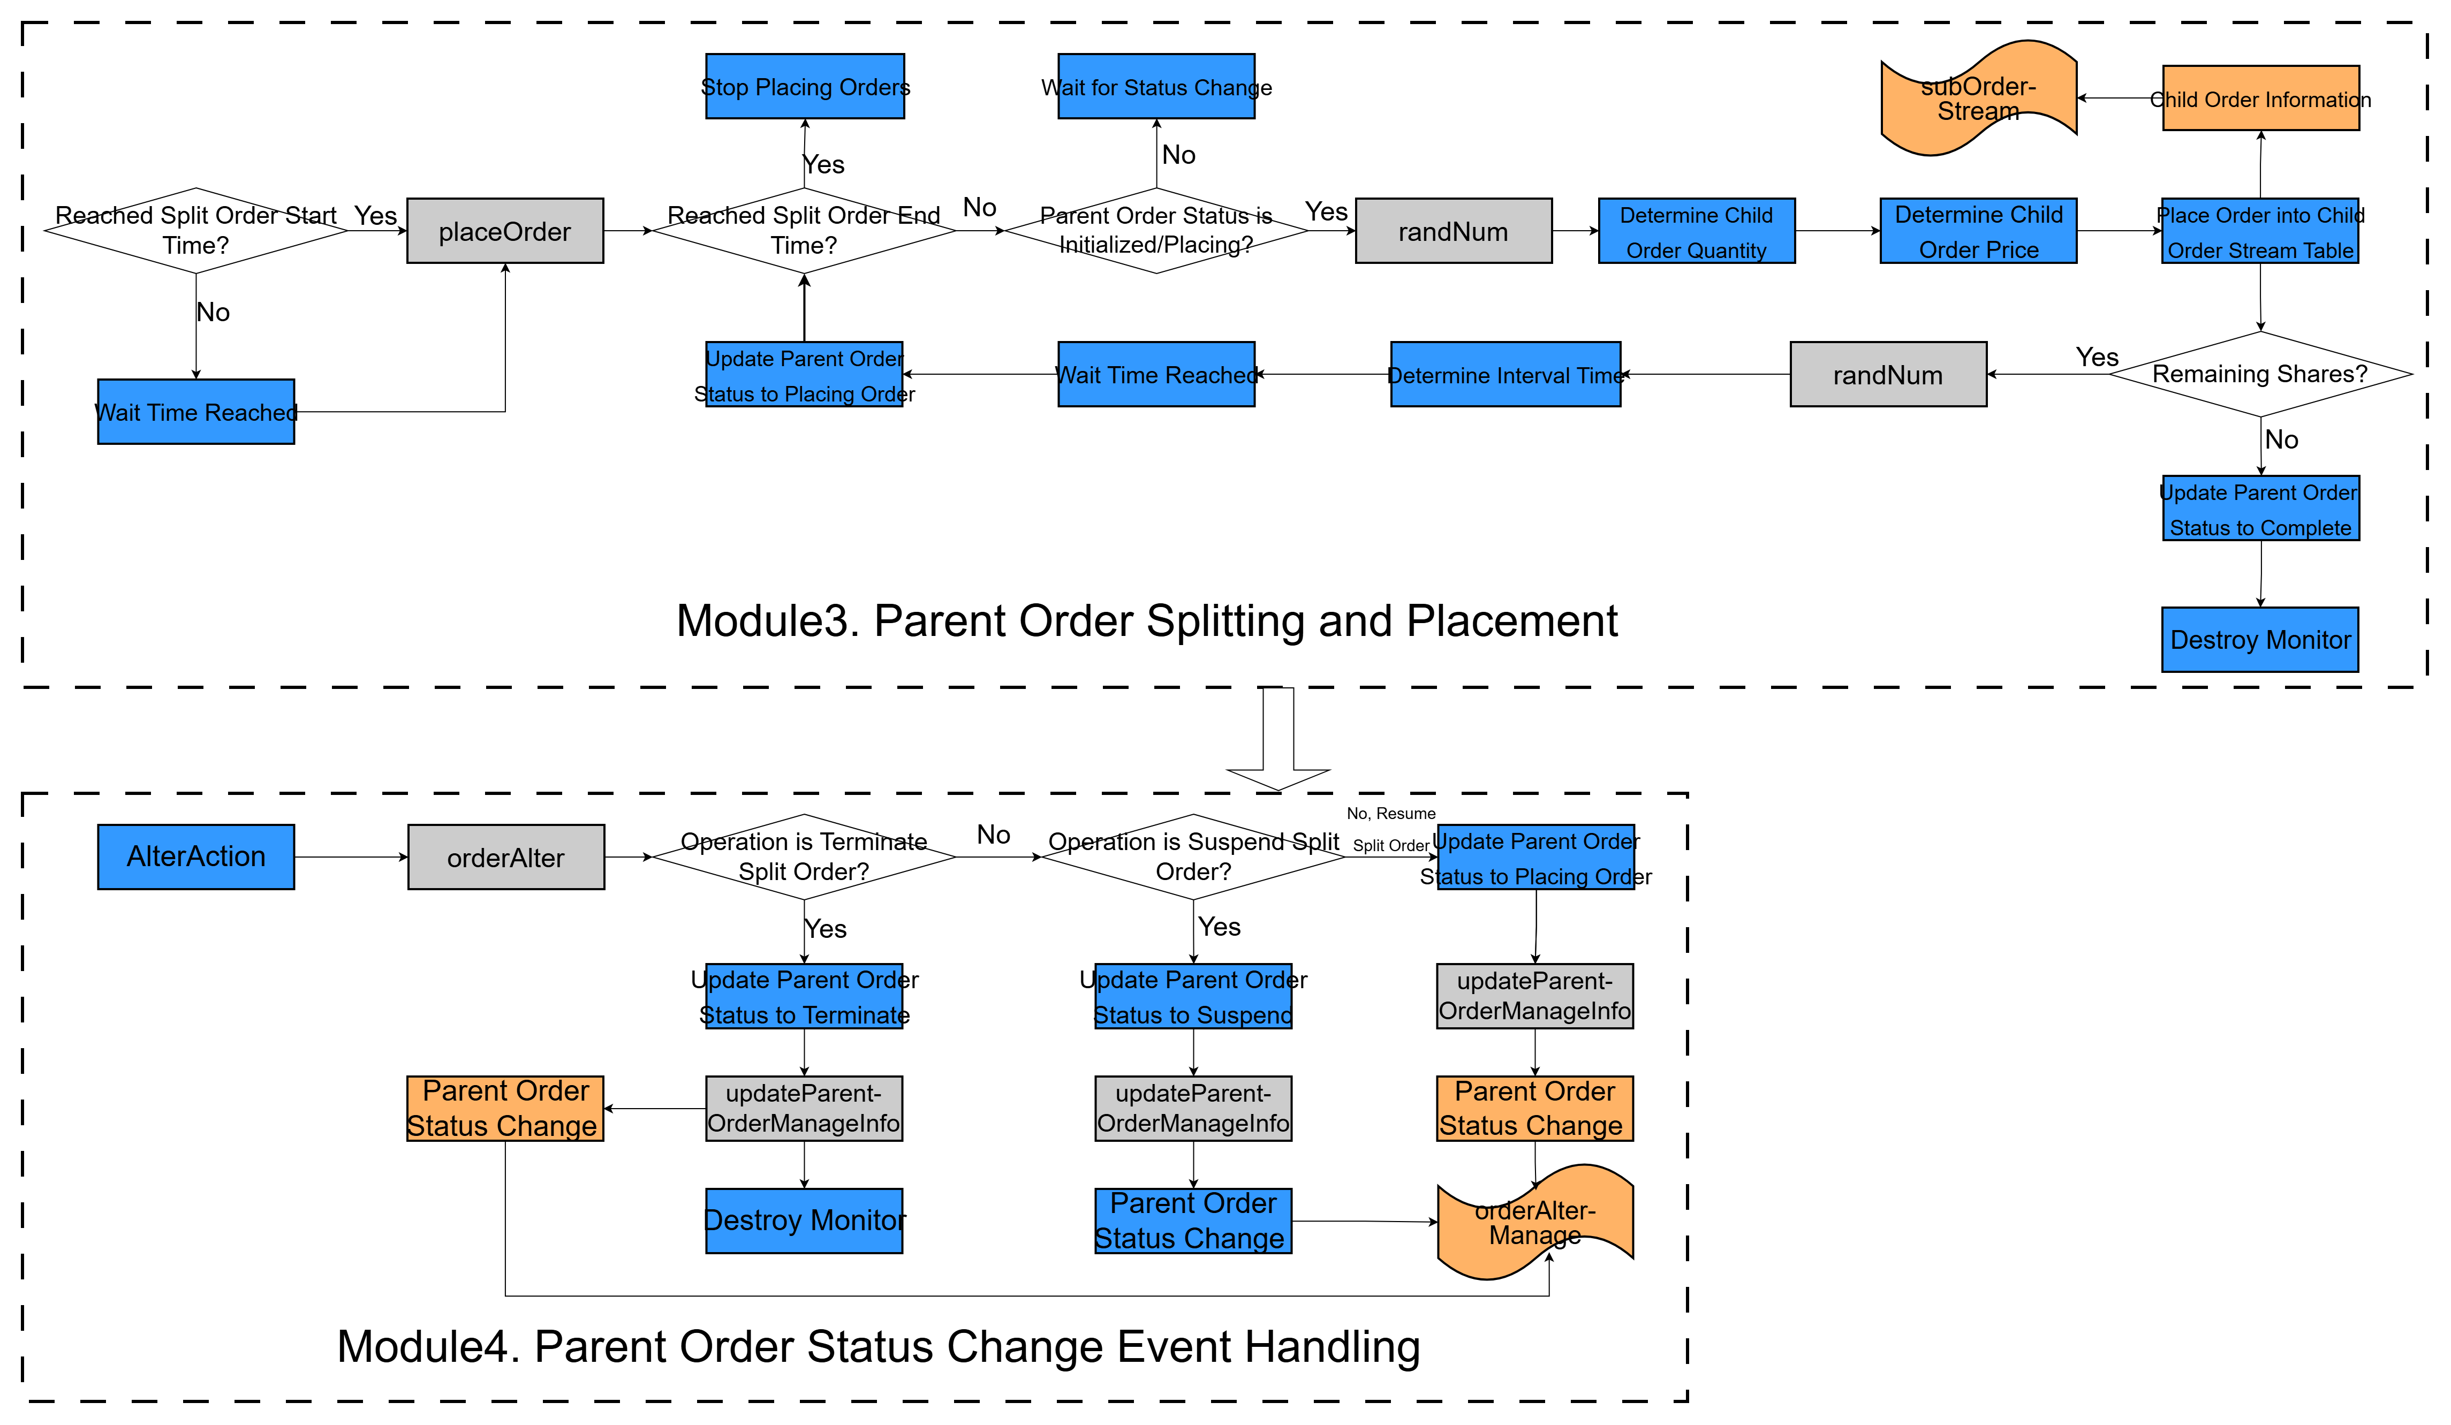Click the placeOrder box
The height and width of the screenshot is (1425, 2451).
[505, 231]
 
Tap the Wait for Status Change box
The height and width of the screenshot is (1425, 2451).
[1156, 87]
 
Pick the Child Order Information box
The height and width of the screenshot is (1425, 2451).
[2260, 98]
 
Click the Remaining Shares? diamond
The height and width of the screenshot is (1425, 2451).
[2260, 375]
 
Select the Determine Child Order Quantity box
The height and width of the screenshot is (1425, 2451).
[1696, 231]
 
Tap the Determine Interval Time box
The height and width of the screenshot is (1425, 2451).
[1506, 375]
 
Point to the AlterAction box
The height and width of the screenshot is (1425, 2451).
[196, 857]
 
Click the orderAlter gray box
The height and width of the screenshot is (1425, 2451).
[506, 857]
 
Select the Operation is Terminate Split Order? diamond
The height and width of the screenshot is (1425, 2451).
[804, 857]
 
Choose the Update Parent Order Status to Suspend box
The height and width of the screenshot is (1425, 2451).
[1193, 996]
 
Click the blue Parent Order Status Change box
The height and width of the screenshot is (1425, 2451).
[1193, 1221]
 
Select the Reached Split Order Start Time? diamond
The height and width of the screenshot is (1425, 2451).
[196, 231]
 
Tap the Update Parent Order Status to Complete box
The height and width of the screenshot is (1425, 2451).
[2260, 509]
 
